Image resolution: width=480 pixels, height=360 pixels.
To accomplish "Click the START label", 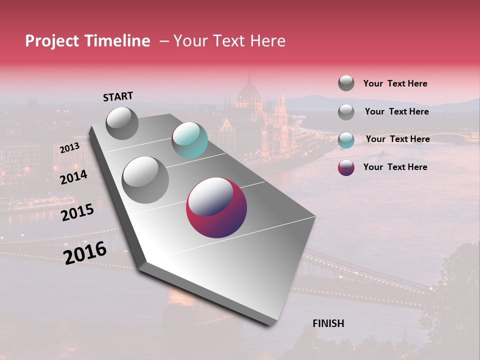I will tap(118, 96).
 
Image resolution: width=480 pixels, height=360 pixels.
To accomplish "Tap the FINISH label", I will tap(328, 323).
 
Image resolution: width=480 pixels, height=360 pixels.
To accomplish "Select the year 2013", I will tap(69, 148).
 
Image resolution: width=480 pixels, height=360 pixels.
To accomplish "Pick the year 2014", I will tap(74, 177).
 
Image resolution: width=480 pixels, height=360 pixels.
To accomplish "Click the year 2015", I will tap(77, 212).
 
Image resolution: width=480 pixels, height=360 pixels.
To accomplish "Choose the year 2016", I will tap(85, 252).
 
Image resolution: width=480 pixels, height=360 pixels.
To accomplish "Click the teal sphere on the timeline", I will tap(189, 140).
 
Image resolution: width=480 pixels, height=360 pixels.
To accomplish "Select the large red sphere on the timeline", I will tap(216, 207).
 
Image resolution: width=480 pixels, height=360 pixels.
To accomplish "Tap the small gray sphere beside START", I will tap(122, 123).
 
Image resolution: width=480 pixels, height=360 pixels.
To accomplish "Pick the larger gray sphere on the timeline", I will tap(145, 180).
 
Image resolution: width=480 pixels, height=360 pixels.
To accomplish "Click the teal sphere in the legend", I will tap(346, 139).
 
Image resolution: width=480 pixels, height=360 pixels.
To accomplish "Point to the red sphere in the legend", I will tap(346, 167).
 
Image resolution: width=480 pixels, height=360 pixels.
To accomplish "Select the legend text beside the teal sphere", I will tap(397, 139).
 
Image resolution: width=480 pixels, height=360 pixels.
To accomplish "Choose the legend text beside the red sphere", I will tap(395, 167).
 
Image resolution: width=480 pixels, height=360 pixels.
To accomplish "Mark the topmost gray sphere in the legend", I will tap(346, 83).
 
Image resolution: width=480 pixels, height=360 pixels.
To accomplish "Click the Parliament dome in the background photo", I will tap(249, 92).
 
